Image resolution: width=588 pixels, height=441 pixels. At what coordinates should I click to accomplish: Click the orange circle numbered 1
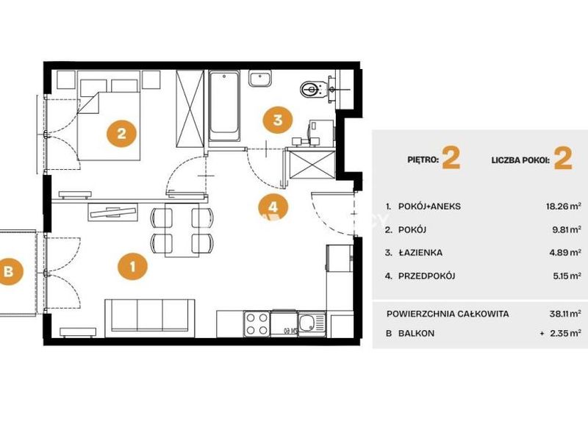132,267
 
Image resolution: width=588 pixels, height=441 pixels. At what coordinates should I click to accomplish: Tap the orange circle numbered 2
121,133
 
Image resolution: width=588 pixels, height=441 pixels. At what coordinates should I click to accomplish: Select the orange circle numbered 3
278,120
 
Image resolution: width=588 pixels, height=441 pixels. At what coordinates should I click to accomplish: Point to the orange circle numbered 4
273,207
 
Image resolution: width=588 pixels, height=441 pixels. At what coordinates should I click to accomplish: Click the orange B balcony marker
9,271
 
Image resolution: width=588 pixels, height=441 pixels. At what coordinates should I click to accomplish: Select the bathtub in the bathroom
224,107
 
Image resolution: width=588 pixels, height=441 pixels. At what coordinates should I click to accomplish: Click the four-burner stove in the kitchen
257,324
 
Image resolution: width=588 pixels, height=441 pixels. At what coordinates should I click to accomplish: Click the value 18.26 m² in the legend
564,207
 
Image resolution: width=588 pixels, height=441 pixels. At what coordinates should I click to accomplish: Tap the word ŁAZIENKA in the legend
420,253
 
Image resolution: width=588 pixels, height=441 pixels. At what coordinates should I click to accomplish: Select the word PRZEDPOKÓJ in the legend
427,276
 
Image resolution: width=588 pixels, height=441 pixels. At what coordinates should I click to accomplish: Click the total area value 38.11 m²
565,314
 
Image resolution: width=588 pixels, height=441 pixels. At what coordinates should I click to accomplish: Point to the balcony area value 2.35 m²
565,333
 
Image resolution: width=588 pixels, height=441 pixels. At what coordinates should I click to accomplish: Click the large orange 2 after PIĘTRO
451,159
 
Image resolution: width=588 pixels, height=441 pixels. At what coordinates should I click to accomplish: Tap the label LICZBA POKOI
520,160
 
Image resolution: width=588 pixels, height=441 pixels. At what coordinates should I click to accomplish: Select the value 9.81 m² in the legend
567,229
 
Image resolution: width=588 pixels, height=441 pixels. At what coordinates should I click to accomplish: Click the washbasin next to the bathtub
260,79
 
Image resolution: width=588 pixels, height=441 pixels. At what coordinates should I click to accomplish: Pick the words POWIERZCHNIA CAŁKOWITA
448,314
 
